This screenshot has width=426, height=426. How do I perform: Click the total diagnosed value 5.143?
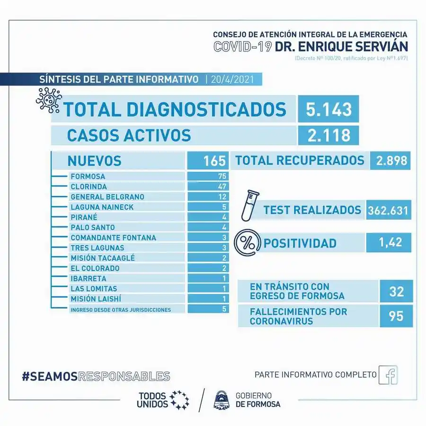click(328, 109)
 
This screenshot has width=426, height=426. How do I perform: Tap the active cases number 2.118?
click(328, 135)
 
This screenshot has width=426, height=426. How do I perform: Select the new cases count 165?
click(214, 161)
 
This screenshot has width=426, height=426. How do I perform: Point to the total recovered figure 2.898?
click(391, 160)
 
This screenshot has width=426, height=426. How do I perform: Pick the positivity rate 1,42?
click(390, 242)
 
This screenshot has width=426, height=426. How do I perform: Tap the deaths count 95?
click(396, 316)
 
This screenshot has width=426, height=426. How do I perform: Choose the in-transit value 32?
click(396, 291)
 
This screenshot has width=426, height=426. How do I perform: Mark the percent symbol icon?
click(247, 243)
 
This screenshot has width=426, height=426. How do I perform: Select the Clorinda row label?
click(89, 186)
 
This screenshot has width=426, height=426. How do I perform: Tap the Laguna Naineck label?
click(102, 207)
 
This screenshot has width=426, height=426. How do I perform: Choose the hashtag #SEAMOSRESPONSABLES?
click(96, 376)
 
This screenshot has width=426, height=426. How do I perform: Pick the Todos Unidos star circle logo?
click(179, 400)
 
